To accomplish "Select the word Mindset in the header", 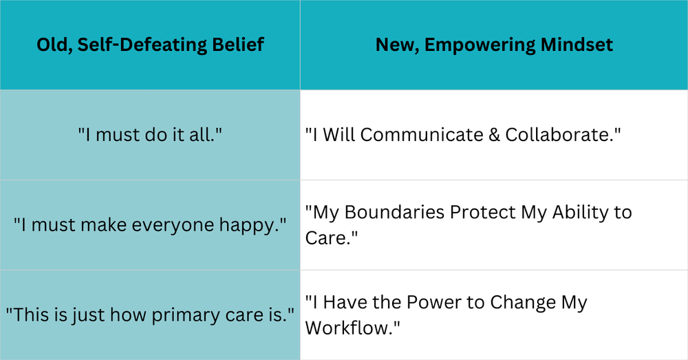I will coord(574,45).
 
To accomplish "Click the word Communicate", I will coord(420,135).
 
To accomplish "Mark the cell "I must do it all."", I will coord(149,135).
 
